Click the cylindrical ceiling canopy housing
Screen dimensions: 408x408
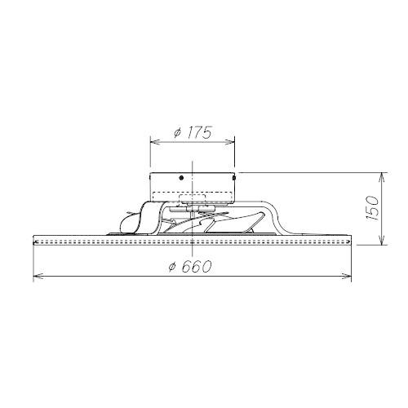192,186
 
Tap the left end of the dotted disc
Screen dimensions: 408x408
34,241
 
